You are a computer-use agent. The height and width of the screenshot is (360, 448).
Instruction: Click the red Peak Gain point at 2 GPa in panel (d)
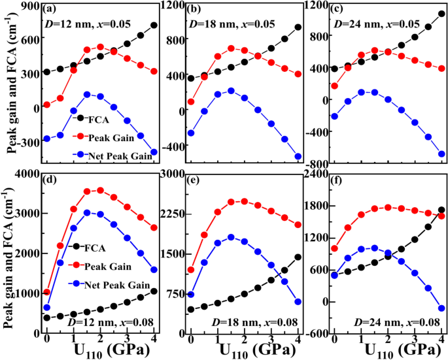point(100,190)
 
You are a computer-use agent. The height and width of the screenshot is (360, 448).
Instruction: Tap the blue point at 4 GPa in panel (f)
point(441,308)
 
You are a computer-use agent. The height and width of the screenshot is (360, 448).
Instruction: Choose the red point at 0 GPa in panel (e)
point(190,270)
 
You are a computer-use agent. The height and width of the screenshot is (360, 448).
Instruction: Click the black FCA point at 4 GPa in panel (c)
point(441,13)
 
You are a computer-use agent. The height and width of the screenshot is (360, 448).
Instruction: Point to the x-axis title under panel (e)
point(244,352)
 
